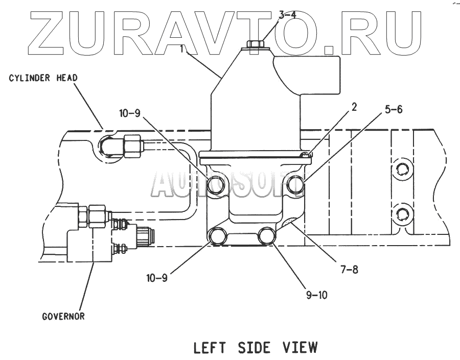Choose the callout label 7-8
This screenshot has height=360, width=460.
point(348,269)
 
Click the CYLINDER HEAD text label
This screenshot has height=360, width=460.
point(43,78)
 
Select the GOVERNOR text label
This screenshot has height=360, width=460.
point(63,316)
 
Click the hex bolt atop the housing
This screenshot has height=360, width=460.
point(255,45)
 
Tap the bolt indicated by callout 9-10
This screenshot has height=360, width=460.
point(267,236)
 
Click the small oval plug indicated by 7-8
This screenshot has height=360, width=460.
point(290,223)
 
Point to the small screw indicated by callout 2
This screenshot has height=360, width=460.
point(305,155)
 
